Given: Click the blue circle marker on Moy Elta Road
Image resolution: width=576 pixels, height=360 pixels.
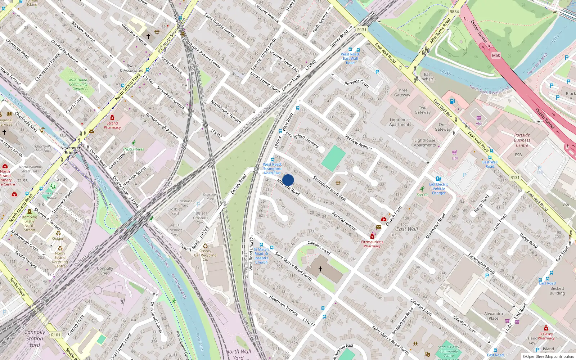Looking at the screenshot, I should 288,180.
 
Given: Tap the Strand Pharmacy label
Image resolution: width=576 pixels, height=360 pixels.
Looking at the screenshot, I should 112,125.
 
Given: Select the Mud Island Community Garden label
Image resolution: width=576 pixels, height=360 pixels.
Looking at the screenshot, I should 78,84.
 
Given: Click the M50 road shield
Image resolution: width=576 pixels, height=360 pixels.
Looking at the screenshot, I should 496,55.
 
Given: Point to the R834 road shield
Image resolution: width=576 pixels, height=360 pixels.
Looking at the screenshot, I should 454,12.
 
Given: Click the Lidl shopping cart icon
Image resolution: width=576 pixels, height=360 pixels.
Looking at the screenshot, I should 455,153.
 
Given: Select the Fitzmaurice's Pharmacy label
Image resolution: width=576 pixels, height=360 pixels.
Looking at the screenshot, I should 372,244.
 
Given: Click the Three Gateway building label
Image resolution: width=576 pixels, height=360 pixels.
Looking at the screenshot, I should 402,93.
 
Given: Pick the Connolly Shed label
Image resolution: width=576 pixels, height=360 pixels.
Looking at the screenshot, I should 105,271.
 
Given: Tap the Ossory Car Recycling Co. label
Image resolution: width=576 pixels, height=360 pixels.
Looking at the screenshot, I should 205,255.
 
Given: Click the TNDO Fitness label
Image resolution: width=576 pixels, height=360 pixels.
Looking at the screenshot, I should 133,149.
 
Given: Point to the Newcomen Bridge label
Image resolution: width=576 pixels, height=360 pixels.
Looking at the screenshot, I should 71,150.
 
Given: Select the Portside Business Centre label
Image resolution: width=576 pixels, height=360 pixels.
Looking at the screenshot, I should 522,140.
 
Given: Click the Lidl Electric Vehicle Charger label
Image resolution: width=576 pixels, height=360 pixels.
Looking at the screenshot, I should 438,189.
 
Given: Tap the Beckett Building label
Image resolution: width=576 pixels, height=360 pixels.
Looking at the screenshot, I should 557,291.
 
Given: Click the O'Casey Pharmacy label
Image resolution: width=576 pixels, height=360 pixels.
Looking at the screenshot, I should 546,336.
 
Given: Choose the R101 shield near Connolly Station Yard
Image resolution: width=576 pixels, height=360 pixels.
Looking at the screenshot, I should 56,335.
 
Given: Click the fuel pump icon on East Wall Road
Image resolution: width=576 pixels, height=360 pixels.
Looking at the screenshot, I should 452,101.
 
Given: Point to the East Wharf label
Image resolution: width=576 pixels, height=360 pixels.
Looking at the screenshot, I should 428,77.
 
